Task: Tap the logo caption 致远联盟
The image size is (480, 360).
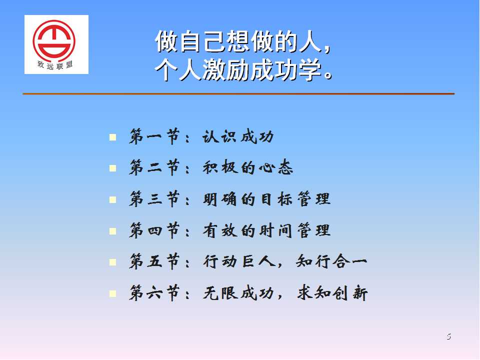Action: point(55,64)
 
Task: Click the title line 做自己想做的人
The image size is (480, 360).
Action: point(239,41)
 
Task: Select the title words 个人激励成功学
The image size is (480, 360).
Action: point(238,70)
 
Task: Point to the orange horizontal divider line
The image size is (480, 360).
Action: point(238,93)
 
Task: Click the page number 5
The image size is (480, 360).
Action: point(448,336)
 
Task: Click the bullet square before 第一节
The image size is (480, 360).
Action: point(112,137)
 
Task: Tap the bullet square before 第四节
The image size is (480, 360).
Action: point(112,231)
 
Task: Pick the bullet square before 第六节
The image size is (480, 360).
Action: point(112,294)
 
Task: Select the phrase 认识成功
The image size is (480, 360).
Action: point(238,136)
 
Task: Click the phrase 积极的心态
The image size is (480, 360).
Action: point(247,168)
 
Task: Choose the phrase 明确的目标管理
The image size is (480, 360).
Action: point(266,199)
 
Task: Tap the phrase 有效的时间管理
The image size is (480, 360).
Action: point(266,230)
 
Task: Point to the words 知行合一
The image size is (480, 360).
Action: point(331,261)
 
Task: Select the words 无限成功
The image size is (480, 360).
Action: point(238,293)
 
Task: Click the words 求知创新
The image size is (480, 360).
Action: point(332,293)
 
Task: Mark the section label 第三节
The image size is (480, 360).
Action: point(154,199)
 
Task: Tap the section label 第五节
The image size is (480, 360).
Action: point(154,261)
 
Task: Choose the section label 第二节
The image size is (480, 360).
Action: point(154,167)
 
